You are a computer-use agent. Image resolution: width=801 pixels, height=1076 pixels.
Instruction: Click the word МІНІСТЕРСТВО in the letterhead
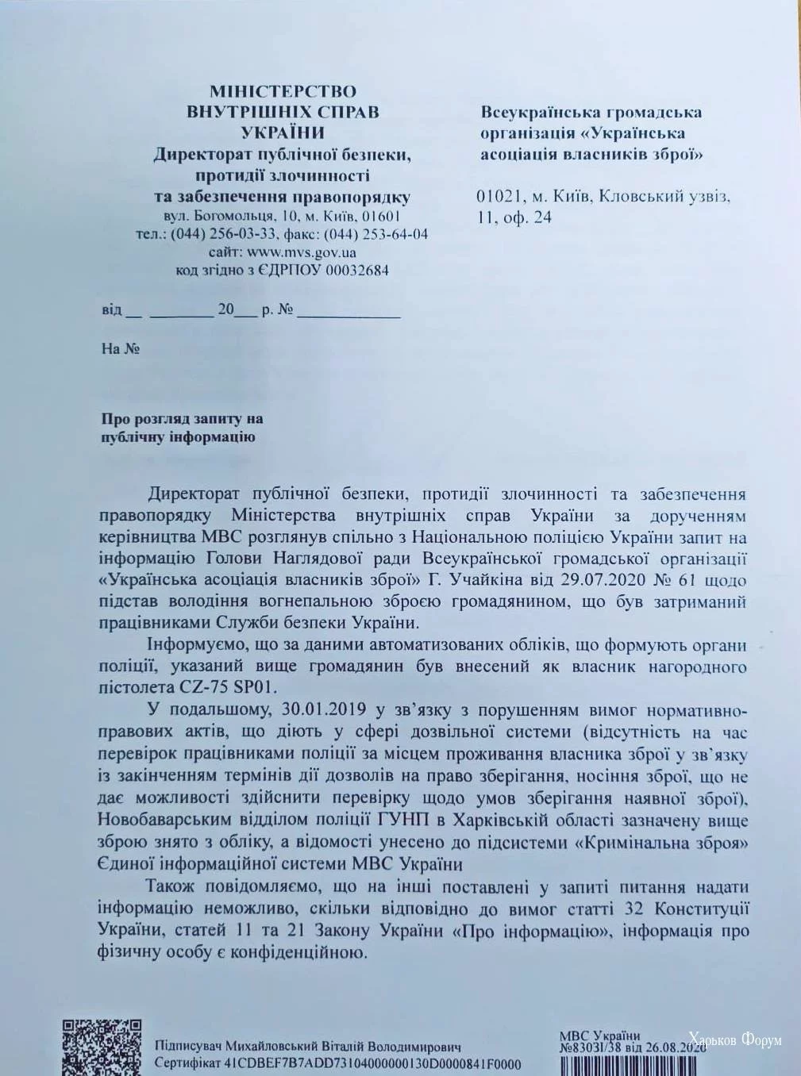pos(283,91)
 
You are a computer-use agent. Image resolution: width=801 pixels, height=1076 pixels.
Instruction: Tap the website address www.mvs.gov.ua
pos(302,252)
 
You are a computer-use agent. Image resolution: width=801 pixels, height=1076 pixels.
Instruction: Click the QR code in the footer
pos(102,1046)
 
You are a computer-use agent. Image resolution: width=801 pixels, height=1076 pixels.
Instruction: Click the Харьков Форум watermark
pos(734,1039)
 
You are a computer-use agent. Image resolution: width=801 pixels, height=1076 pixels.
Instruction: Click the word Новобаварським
pos(171,820)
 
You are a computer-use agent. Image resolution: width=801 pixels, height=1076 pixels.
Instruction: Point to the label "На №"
pos(121,349)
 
